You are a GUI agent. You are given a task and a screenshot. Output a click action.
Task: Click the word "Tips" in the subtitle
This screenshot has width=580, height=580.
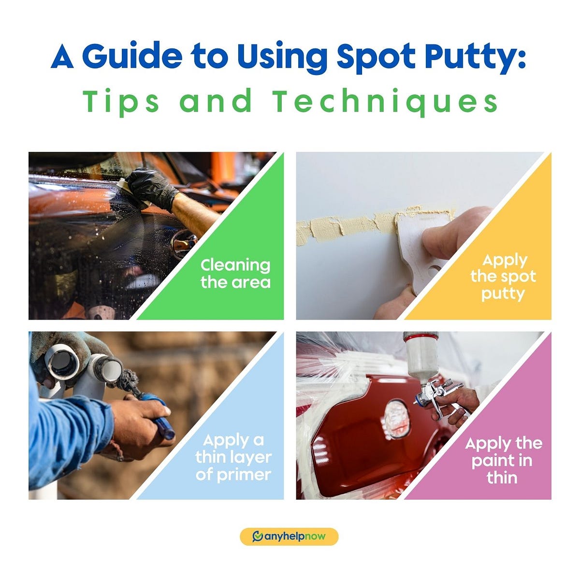click(x=121, y=102)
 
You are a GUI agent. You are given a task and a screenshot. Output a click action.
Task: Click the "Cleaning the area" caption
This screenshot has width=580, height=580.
click(x=235, y=274)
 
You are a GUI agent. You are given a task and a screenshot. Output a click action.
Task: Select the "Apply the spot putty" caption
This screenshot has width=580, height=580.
click(x=503, y=277)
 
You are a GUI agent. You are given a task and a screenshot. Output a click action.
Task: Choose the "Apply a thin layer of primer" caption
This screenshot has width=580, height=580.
click(x=233, y=457)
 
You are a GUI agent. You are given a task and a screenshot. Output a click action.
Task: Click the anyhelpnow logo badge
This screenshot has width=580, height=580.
click(x=289, y=536)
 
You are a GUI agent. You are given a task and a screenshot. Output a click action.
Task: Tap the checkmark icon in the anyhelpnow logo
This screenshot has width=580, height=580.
click(x=258, y=536)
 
